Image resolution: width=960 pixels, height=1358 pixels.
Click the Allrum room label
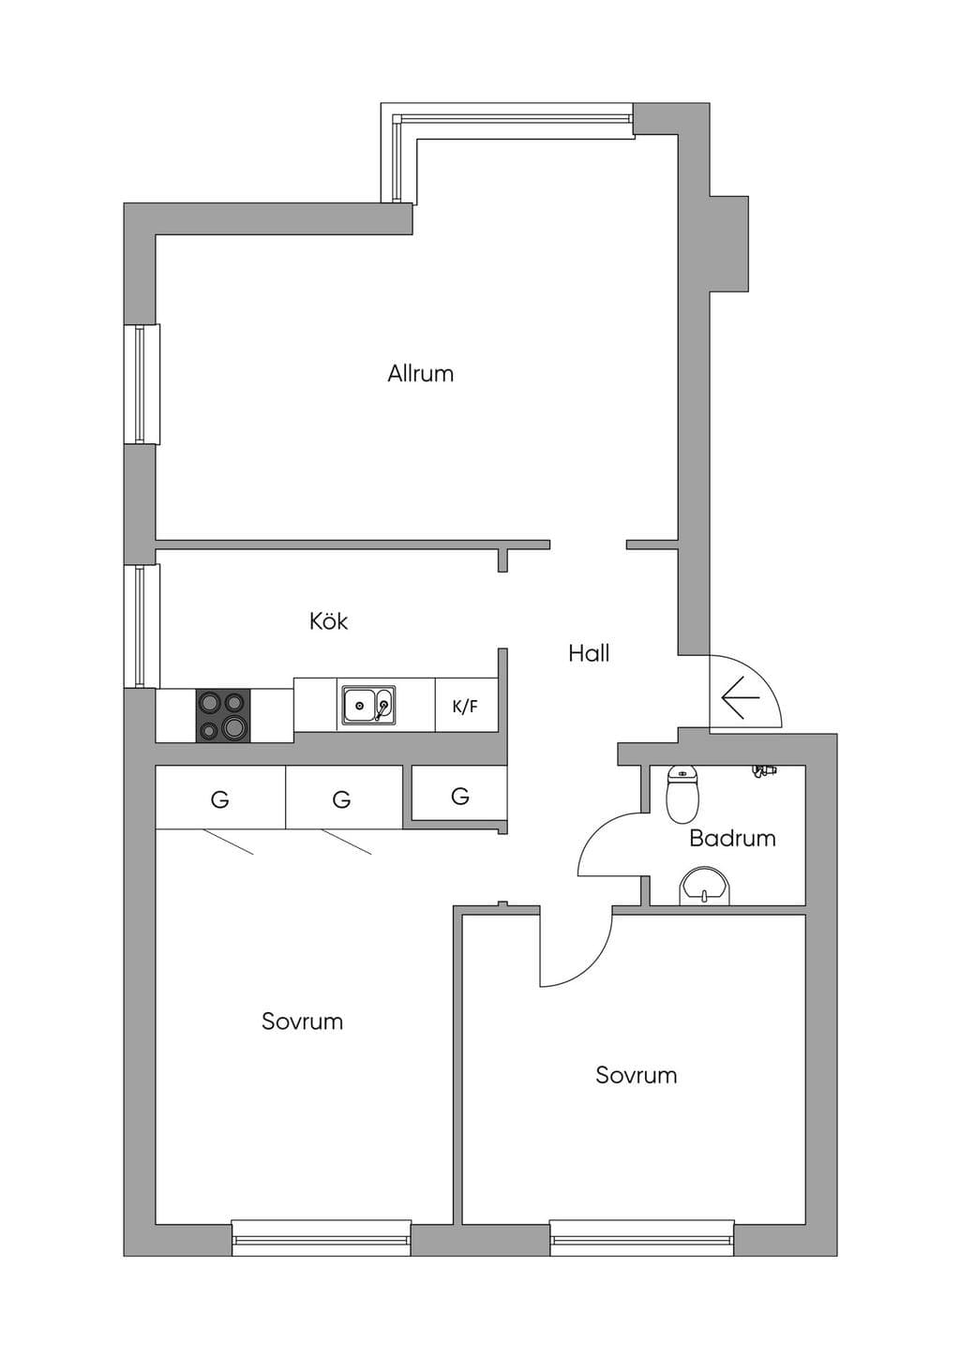pos(420,373)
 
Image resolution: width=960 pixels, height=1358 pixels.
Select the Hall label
pos(589,653)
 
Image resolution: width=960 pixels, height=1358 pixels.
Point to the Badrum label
pos(732,839)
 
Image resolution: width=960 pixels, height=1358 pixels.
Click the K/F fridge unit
pos(466,705)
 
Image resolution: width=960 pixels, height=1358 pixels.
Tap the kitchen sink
pos(368,705)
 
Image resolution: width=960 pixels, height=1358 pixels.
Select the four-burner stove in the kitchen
pos(223,716)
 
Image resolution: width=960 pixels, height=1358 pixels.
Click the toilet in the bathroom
pos(682,795)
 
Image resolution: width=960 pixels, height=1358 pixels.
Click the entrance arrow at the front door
pos(741,697)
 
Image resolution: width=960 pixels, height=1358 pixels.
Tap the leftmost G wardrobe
pos(220,798)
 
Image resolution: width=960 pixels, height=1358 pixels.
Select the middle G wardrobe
pos(342,798)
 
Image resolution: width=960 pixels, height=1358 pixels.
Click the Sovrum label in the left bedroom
pos(302,1022)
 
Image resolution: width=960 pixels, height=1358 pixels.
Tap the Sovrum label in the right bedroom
pos(637,1076)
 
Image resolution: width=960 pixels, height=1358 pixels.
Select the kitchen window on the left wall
pos(142,626)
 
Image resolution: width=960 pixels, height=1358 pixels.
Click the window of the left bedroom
pos(322,1237)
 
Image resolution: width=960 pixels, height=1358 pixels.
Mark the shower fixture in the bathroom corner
pos(765,770)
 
